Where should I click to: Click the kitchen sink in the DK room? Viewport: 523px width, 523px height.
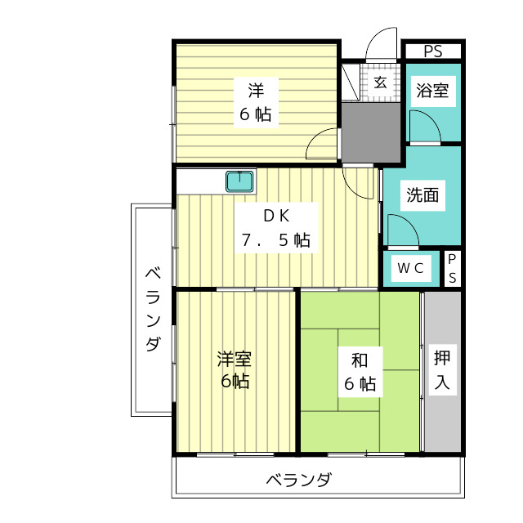pyautogui.click(x=240, y=181)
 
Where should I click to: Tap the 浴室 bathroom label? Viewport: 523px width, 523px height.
pyautogui.click(x=431, y=91)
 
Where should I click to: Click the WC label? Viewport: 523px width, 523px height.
pyautogui.click(x=410, y=267)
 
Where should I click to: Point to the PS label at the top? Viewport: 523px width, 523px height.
pyautogui.click(x=432, y=51)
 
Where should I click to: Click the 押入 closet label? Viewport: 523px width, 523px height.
pyautogui.click(x=441, y=369)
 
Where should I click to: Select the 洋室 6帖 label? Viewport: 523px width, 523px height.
pyautogui.click(x=234, y=369)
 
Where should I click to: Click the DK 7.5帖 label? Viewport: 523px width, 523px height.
pyautogui.click(x=275, y=228)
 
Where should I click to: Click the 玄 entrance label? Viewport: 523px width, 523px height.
pyautogui.click(x=381, y=82)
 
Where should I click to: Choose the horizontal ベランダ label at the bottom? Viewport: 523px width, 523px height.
pyautogui.click(x=298, y=480)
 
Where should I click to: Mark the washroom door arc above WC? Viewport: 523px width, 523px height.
pyautogui.click(x=401, y=228)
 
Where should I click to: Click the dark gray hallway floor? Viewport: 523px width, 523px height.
pyautogui.click(x=370, y=131)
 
